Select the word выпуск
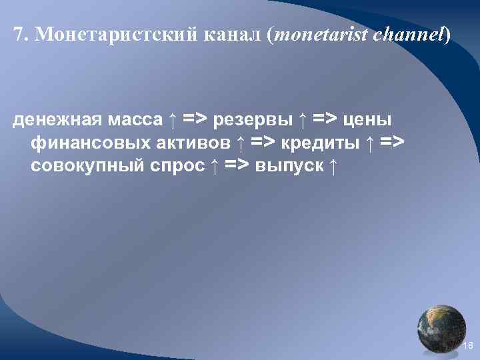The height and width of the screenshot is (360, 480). pos(291,165)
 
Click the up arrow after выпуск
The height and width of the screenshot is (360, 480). pos(332,165)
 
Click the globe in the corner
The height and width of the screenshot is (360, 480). pos(441,329)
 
